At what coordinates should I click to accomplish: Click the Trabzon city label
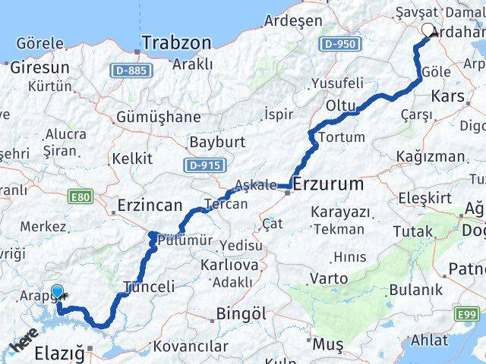pyautogui.click(x=175, y=42)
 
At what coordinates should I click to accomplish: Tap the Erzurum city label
pyautogui.click(x=327, y=184)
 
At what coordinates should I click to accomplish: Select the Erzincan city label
pyautogui.click(x=149, y=206)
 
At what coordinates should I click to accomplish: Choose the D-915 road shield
pyautogui.click(x=202, y=164)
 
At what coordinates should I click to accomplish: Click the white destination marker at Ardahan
pyautogui.click(x=428, y=31)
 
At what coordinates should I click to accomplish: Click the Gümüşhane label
pyautogui.click(x=158, y=117)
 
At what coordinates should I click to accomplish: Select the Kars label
pyautogui.click(x=447, y=96)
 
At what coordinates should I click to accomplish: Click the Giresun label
pyautogui.click(x=39, y=67)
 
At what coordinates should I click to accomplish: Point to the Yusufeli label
pyautogui.click(x=337, y=83)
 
